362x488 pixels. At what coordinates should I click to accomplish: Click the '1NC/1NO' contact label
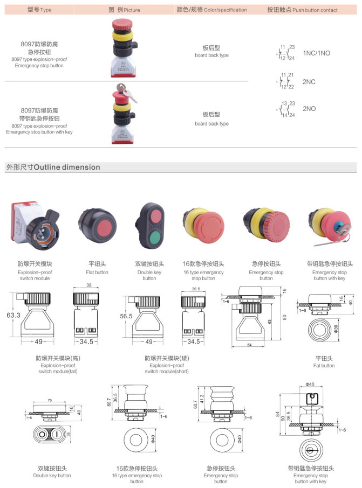(316, 53)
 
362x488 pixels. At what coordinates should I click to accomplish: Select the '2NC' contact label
(309, 82)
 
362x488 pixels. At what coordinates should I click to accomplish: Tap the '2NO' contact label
(309, 109)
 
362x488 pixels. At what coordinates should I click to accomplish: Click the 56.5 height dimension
(125, 317)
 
